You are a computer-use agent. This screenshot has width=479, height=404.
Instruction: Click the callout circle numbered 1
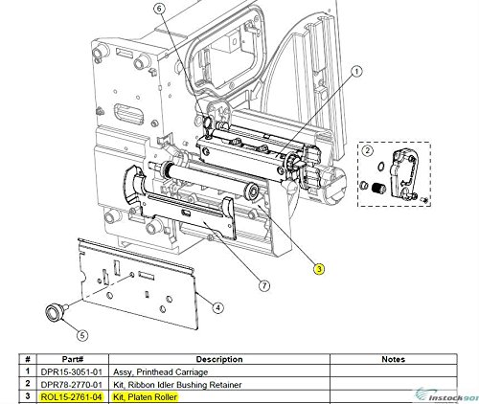pos(355,71)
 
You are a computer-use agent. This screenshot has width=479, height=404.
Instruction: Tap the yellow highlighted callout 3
pos(318,269)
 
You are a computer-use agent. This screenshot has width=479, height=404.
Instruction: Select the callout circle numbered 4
pos(218,307)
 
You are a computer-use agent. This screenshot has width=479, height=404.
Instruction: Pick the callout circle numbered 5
pos(82,336)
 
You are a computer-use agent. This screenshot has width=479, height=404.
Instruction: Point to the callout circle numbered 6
pos(159,8)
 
